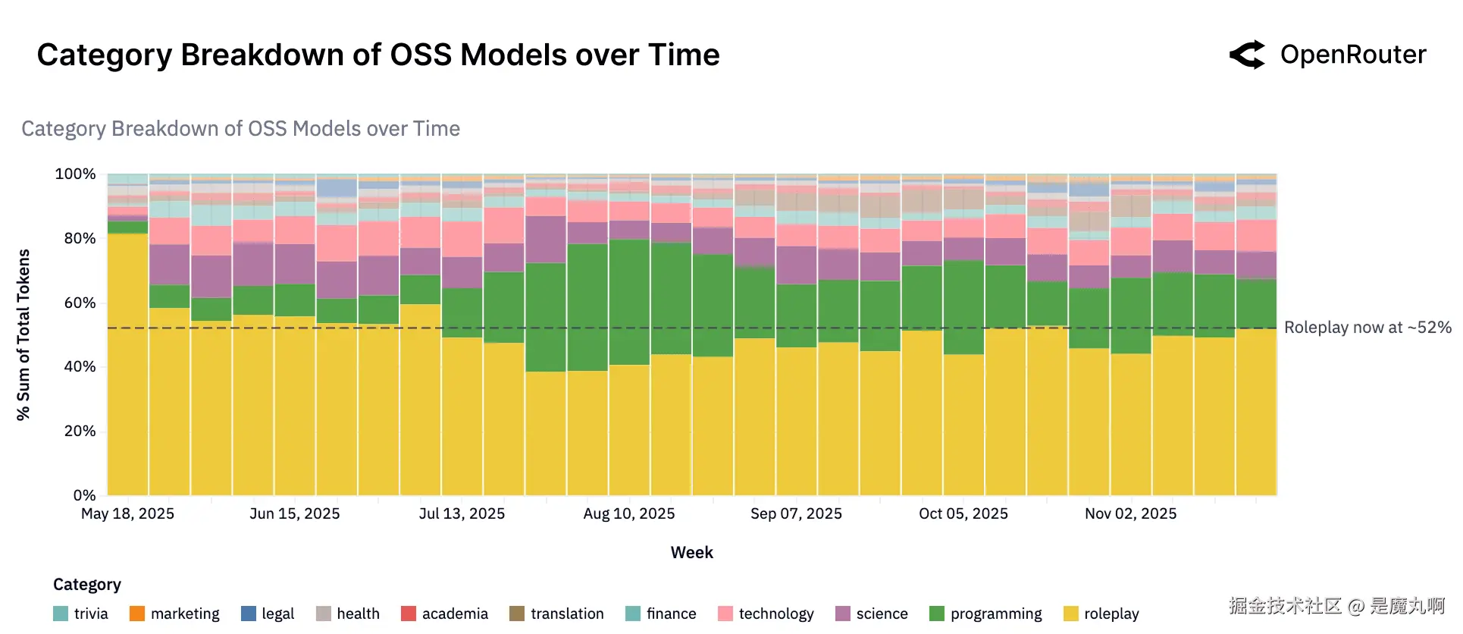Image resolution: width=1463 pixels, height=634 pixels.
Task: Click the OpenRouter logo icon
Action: [1247, 55]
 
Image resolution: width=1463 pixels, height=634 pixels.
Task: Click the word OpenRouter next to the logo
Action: [1353, 55]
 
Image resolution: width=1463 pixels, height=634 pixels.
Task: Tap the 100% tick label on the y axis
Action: [75, 174]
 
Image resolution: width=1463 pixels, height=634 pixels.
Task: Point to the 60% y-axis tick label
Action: [80, 303]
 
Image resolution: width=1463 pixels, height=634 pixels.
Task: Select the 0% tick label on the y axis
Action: [84, 495]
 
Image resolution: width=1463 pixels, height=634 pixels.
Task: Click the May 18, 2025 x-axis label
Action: [127, 513]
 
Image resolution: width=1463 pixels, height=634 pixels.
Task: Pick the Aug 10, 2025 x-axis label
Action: [628, 513]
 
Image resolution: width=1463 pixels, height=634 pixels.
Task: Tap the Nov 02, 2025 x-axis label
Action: [1130, 513]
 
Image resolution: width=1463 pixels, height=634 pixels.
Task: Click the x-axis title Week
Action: [691, 552]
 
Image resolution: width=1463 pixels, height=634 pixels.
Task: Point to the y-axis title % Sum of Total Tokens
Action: [23, 334]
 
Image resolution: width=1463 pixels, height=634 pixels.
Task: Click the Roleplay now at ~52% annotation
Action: [1367, 328]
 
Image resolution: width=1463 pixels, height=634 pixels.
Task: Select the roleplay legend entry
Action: [1101, 614]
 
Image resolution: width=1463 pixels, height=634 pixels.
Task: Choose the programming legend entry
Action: [985, 614]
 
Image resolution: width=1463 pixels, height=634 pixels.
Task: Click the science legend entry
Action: [872, 614]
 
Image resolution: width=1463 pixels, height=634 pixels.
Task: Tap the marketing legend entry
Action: [174, 614]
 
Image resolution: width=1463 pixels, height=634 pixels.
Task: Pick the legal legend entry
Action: [268, 614]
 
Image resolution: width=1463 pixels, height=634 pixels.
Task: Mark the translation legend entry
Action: [556, 614]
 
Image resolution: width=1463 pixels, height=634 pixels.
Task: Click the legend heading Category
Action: [87, 585]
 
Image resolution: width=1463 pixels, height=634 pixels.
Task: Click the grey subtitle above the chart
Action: [240, 129]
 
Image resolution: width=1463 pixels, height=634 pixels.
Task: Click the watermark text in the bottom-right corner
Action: [1336, 606]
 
